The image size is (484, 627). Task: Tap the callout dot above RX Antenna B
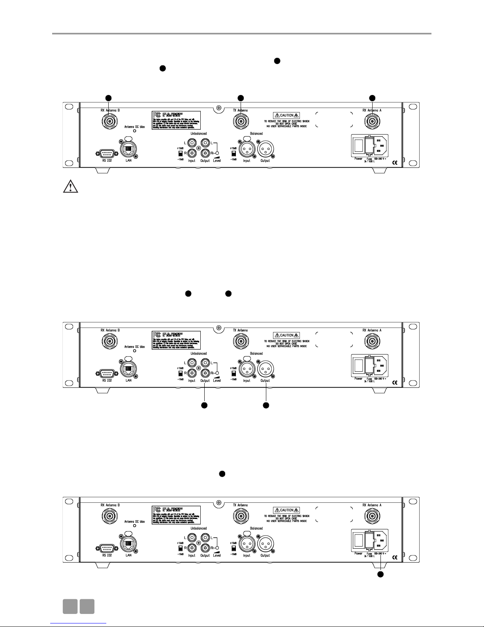pos(108,98)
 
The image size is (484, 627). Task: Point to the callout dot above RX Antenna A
pos(372,98)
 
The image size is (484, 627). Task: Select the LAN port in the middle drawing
pos(128,368)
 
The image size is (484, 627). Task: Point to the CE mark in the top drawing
pos(394,163)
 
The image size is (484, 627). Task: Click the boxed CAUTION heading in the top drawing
pos(286,116)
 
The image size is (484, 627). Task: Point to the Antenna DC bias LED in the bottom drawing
pos(134,526)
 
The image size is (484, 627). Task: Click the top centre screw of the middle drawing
pos(218,328)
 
